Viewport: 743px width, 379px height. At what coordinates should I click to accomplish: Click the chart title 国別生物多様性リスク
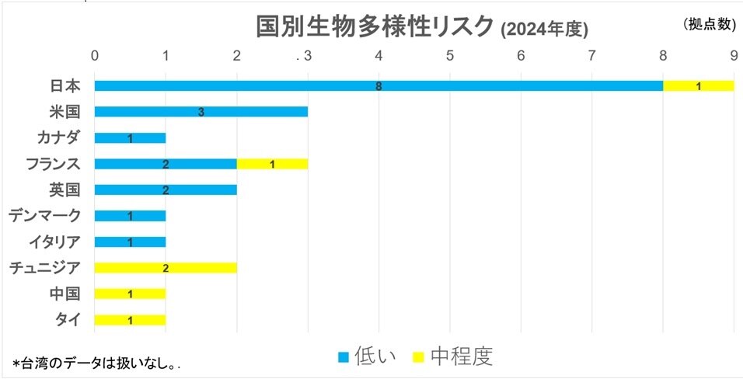(375, 26)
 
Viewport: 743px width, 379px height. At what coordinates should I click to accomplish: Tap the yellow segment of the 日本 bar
(698, 85)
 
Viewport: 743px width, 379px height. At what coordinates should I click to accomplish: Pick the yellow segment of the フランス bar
(271, 164)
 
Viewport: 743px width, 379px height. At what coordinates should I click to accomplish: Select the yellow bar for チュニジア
(165, 268)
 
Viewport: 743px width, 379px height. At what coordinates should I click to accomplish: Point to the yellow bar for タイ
(130, 319)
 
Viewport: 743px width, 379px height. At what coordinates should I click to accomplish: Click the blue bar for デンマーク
(130, 216)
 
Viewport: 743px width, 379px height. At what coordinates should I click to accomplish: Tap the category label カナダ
(58, 137)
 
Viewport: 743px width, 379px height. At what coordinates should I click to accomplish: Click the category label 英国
(65, 189)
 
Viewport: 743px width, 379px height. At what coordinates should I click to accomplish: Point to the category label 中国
(65, 294)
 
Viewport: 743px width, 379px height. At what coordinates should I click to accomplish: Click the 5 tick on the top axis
(450, 55)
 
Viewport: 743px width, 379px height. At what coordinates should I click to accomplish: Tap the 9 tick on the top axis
(734, 55)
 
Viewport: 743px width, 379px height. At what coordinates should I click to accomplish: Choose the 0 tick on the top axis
(95, 55)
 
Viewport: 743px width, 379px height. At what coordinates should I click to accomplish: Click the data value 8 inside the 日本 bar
(378, 86)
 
